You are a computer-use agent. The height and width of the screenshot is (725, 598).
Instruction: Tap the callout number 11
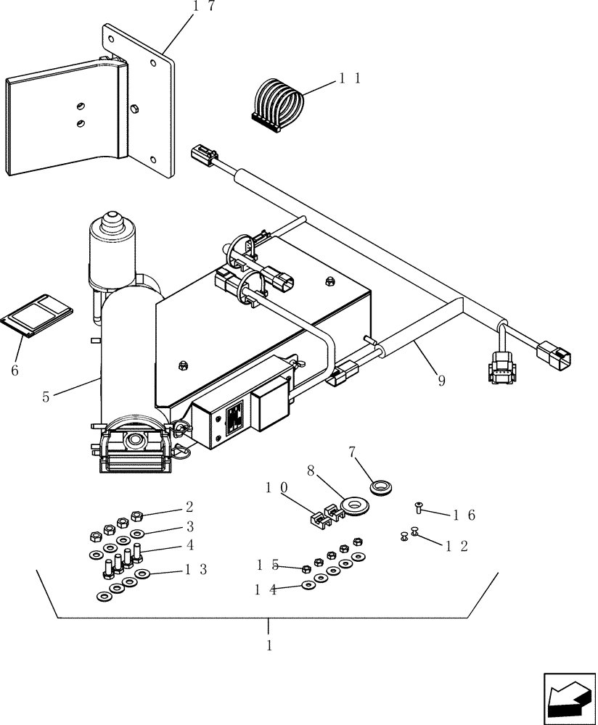[350, 78]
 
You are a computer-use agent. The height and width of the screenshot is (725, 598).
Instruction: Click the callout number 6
[15, 370]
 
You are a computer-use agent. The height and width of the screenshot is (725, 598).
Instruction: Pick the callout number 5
[46, 397]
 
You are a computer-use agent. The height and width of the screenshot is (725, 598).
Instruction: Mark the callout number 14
[266, 589]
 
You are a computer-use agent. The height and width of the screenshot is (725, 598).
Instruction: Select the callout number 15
[266, 564]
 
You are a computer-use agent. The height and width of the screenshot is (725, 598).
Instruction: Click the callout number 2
[189, 507]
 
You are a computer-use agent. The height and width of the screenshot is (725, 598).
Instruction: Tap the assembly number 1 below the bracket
[269, 645]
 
